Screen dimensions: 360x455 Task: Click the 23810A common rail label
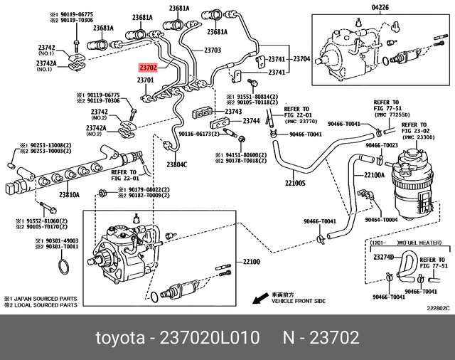(x=70, y=194)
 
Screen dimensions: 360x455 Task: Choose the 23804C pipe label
(x=176, y=164)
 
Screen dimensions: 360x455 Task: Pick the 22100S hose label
(x=295, y=183)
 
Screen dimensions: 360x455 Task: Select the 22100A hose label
(x=375, y=175)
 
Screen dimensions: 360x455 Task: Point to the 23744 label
(x=251, y=121)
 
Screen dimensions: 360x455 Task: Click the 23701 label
(x=145, y=80)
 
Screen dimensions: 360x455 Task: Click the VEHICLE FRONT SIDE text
(x=298, y=301)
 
